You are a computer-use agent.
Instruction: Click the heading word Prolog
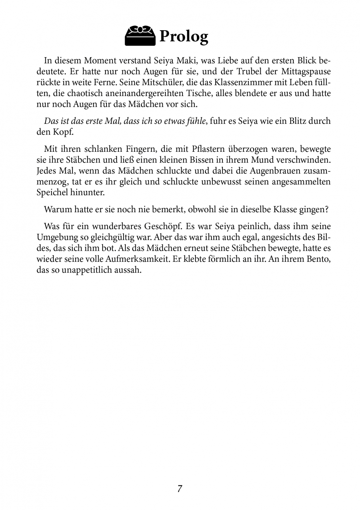184,36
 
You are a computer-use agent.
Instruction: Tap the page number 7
180,489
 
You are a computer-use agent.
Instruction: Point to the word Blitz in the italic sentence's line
295,120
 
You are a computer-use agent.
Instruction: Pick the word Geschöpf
163,227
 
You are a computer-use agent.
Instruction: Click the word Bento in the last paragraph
318,259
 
